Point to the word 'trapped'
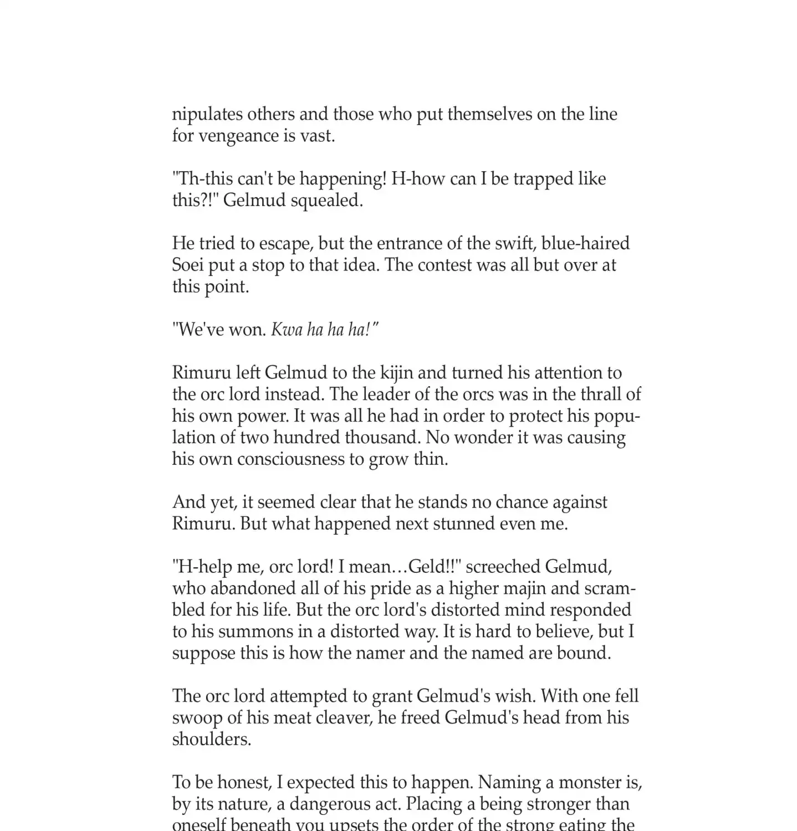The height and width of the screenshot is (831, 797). (544, 179)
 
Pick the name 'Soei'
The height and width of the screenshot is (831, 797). (188, 265)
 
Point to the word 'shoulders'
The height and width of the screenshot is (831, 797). (211, 740)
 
